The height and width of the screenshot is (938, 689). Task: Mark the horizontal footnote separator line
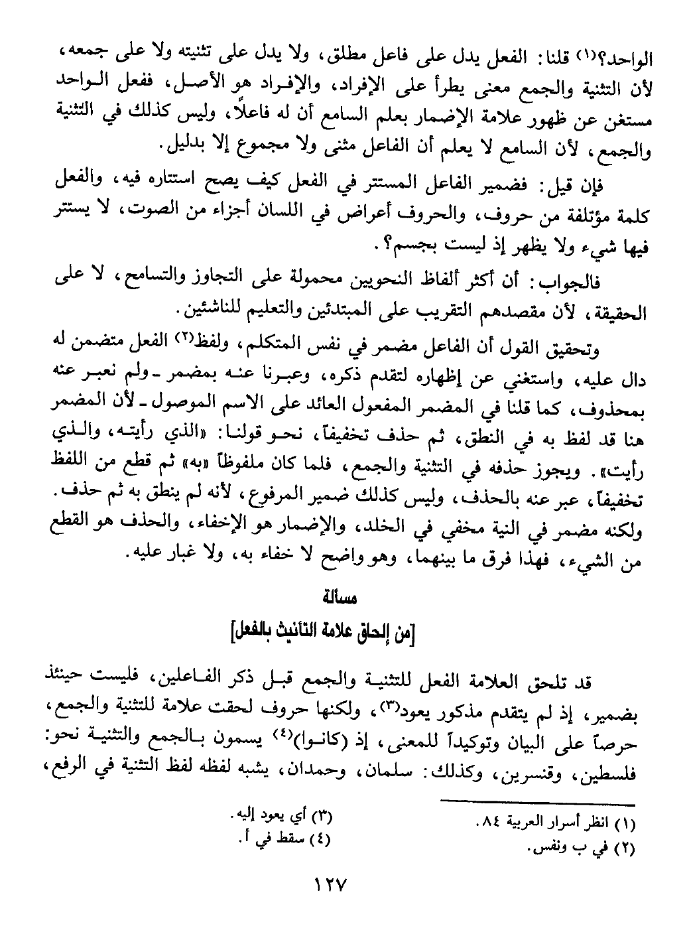click(544, 803)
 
